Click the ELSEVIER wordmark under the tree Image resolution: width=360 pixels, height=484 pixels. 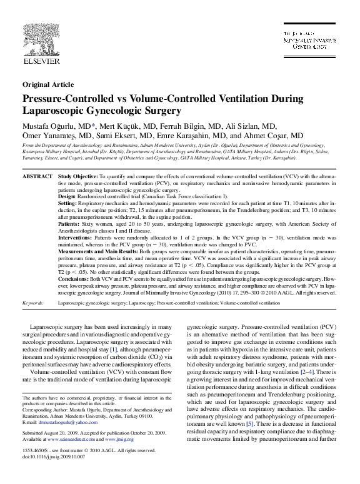(x=41, y=61)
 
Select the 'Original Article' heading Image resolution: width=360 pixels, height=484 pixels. (x=48, y=84)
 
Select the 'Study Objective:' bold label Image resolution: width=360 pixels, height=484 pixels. (x=77, y=178)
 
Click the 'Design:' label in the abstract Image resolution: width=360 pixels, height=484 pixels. (x=69, y=196)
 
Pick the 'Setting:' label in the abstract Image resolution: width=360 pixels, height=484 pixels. (x=68, y=204)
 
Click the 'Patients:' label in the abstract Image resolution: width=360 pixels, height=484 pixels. (x=69, y=223)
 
